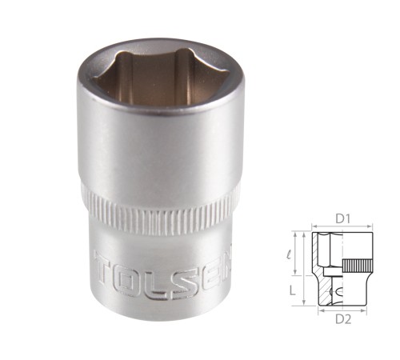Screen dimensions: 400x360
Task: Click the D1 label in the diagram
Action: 342,219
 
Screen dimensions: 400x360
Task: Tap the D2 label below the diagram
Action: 343,319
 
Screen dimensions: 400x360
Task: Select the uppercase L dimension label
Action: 293,290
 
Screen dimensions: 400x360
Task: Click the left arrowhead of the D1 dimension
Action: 314,226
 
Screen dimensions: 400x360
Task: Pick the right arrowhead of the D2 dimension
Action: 365,310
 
